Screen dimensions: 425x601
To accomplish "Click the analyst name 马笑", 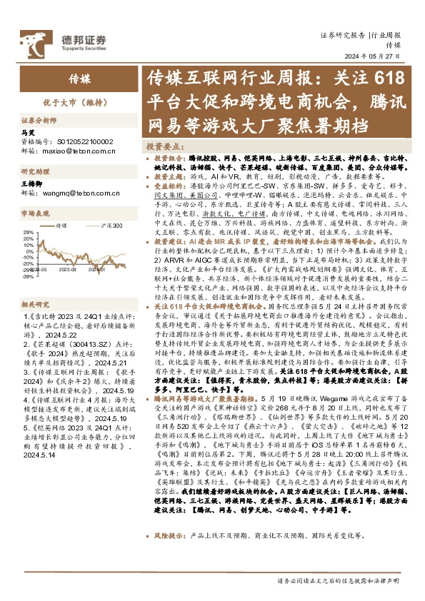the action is pos(48,133).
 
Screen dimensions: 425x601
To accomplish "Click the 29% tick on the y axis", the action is pos(29,233).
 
